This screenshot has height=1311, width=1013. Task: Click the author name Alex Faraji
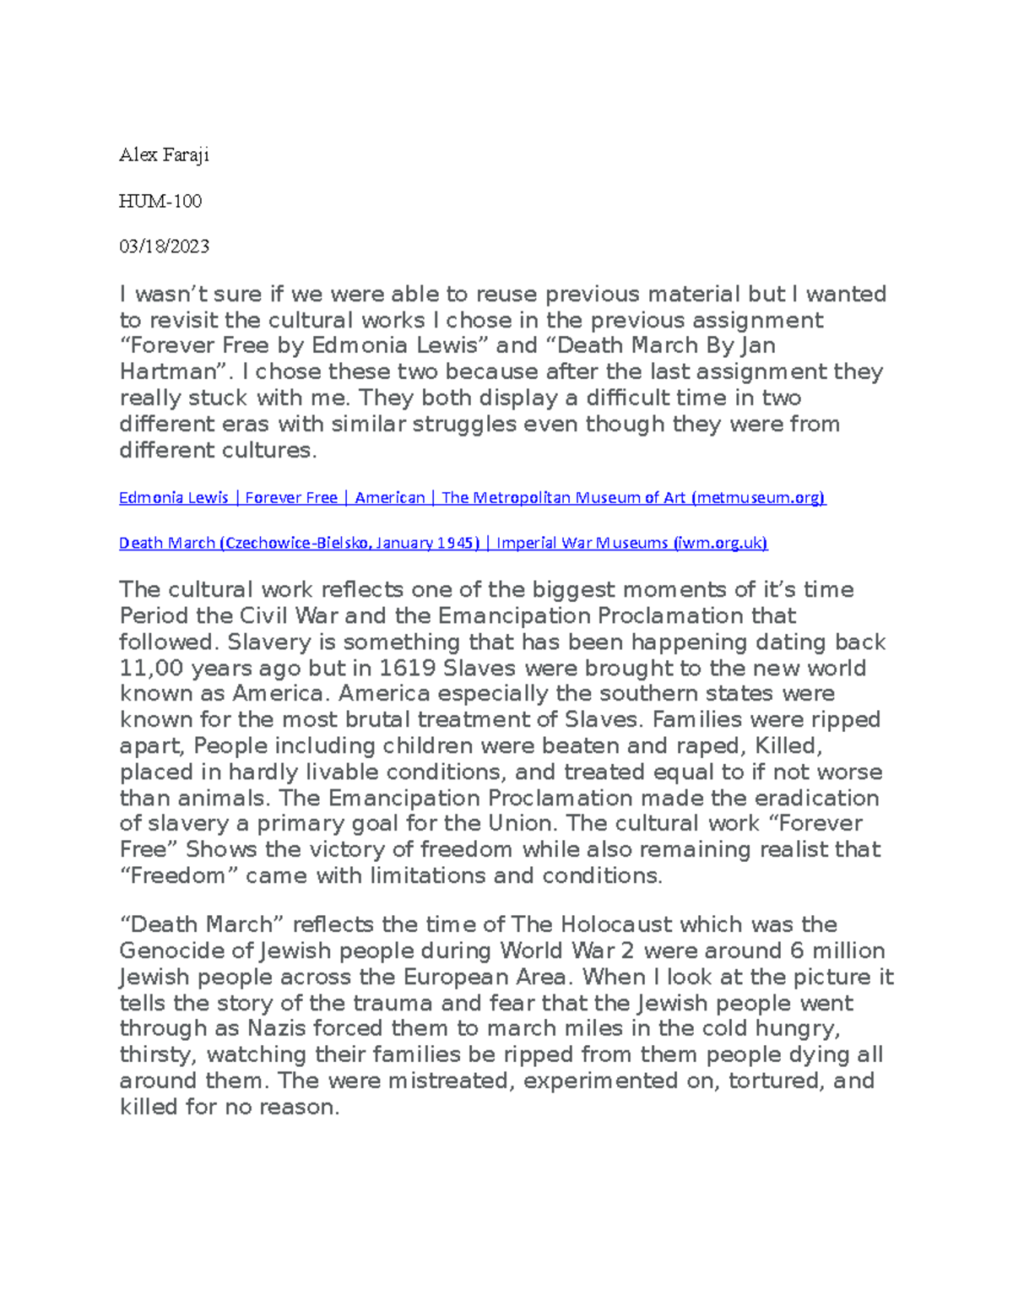(164, 155)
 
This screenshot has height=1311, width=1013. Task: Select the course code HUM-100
(160, 201)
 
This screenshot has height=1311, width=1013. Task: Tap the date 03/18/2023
(164, 246)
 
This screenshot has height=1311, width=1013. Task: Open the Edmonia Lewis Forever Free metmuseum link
(472, 498)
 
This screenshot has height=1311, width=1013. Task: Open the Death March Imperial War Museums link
(443, 544)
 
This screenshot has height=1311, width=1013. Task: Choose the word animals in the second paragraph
(227, 799)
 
